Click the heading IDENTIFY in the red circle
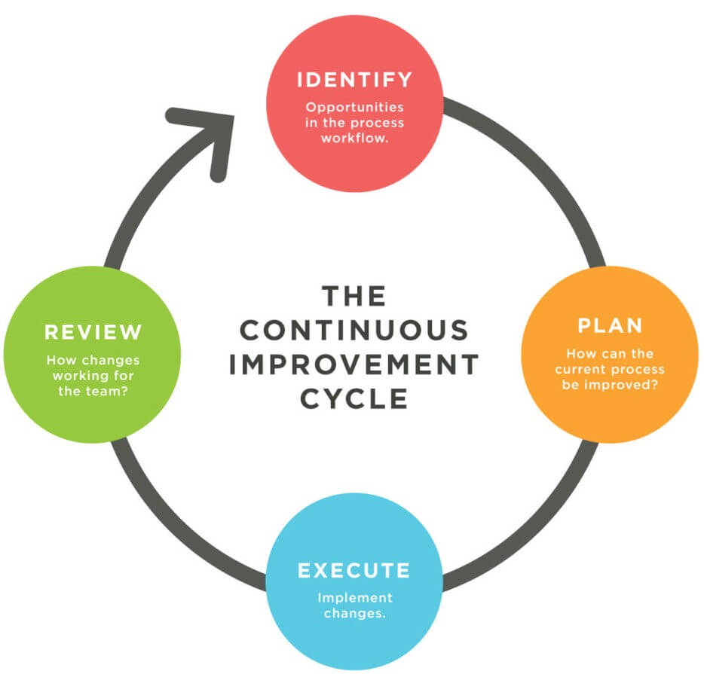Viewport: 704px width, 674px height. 354,79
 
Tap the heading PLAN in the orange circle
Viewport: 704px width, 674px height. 610,325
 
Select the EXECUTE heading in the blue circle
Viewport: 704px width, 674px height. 354,570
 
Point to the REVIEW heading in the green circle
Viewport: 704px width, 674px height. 93,331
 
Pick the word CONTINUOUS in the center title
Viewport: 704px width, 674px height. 354,330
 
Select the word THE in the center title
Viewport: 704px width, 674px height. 354,296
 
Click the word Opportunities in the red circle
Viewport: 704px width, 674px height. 354,106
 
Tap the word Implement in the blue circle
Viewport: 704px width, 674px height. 354,598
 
